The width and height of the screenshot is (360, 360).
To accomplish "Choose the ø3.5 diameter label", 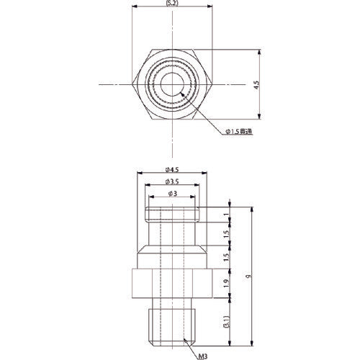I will pos(173,181).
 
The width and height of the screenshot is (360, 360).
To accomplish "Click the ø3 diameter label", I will pos(173,193).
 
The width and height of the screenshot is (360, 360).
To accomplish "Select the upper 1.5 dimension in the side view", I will pos(225,235).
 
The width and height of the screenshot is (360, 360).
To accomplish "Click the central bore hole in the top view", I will pos(173,85).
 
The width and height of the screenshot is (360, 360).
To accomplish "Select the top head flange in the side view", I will pos(173,215).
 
